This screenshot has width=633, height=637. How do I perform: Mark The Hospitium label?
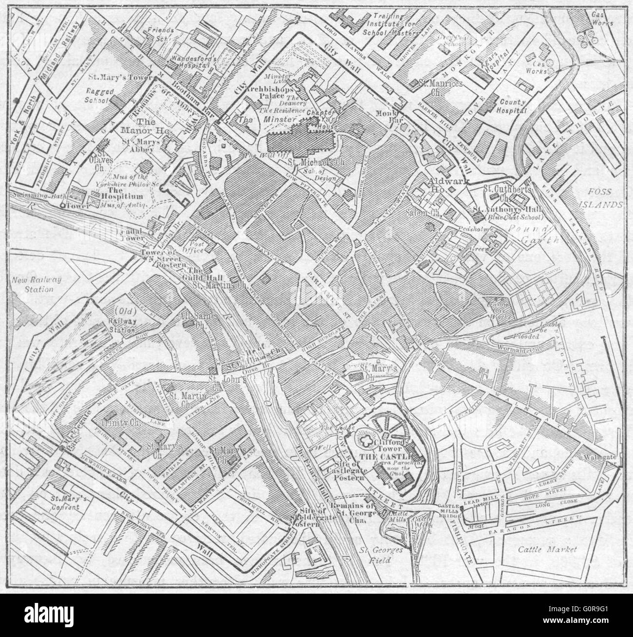[122, 196]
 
